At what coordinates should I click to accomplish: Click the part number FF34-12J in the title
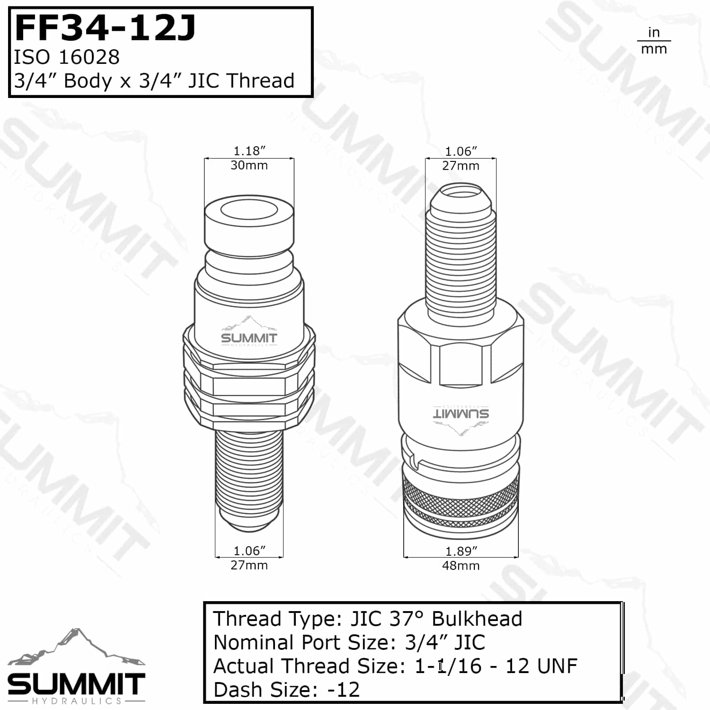tap(105, 28)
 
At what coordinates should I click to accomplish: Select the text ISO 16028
tap(67, 57)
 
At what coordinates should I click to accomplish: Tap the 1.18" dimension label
tap(249, 151)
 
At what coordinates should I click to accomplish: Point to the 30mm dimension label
tap(249, 166)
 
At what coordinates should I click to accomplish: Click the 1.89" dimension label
tap(461, 551)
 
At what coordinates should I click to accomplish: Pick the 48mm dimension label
tap(461, 566)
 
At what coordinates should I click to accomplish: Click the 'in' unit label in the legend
tap(654, 33)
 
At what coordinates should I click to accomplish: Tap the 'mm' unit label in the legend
tap(654, 49)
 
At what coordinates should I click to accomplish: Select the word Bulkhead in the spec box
tap(477, 619)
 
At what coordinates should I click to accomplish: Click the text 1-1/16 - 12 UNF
tap(496, 666)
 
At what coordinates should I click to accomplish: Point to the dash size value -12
tap(344, 690)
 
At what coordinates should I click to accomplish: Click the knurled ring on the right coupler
tap(461, 497)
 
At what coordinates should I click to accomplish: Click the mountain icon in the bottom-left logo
tap(76, 647)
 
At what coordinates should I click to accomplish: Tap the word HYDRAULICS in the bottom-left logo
tap(77, 701)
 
